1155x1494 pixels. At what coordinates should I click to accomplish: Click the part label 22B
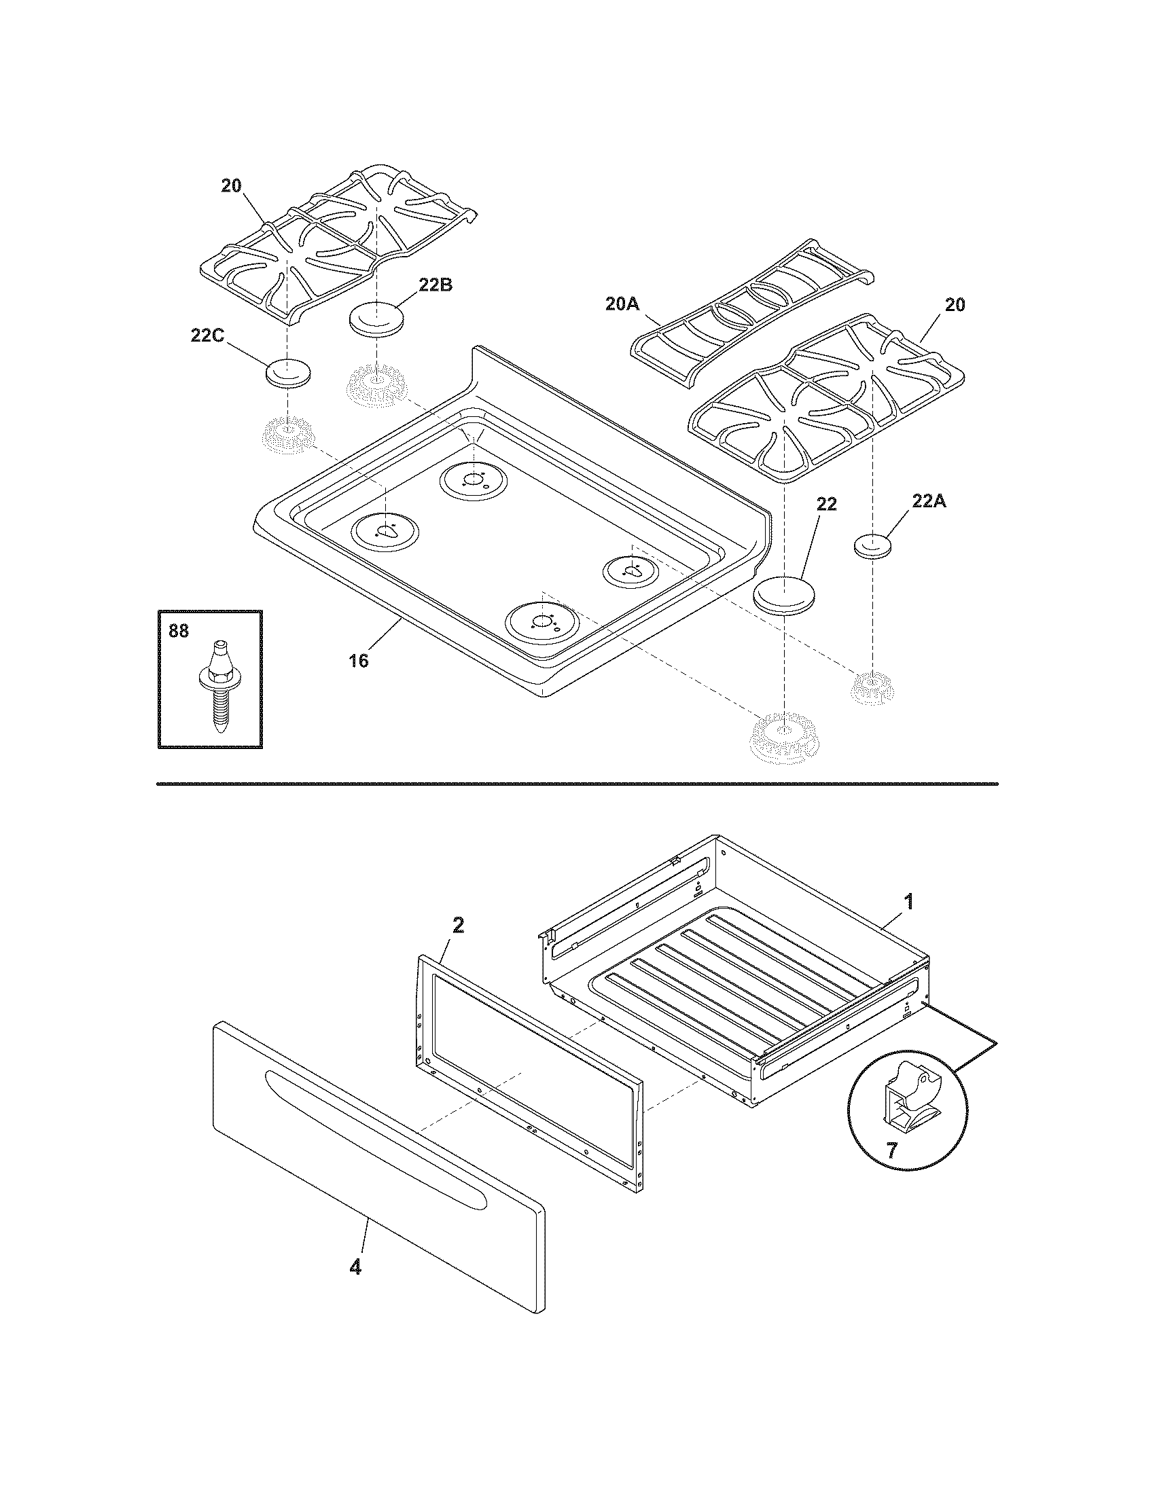point(436,286)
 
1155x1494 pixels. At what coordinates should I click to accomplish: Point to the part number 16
point(359,661)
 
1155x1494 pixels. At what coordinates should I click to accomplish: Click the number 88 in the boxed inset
point(179,631)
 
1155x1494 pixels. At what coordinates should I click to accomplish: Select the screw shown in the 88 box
point(219,685)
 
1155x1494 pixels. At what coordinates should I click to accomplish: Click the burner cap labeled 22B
point(376,319)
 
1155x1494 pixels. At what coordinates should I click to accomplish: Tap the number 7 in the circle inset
point(891,1150)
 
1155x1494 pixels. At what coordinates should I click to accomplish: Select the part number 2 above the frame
point(458,925)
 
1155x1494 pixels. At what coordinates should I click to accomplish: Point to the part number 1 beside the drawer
point(908,903)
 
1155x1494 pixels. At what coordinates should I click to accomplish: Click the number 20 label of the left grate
point(231,186)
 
